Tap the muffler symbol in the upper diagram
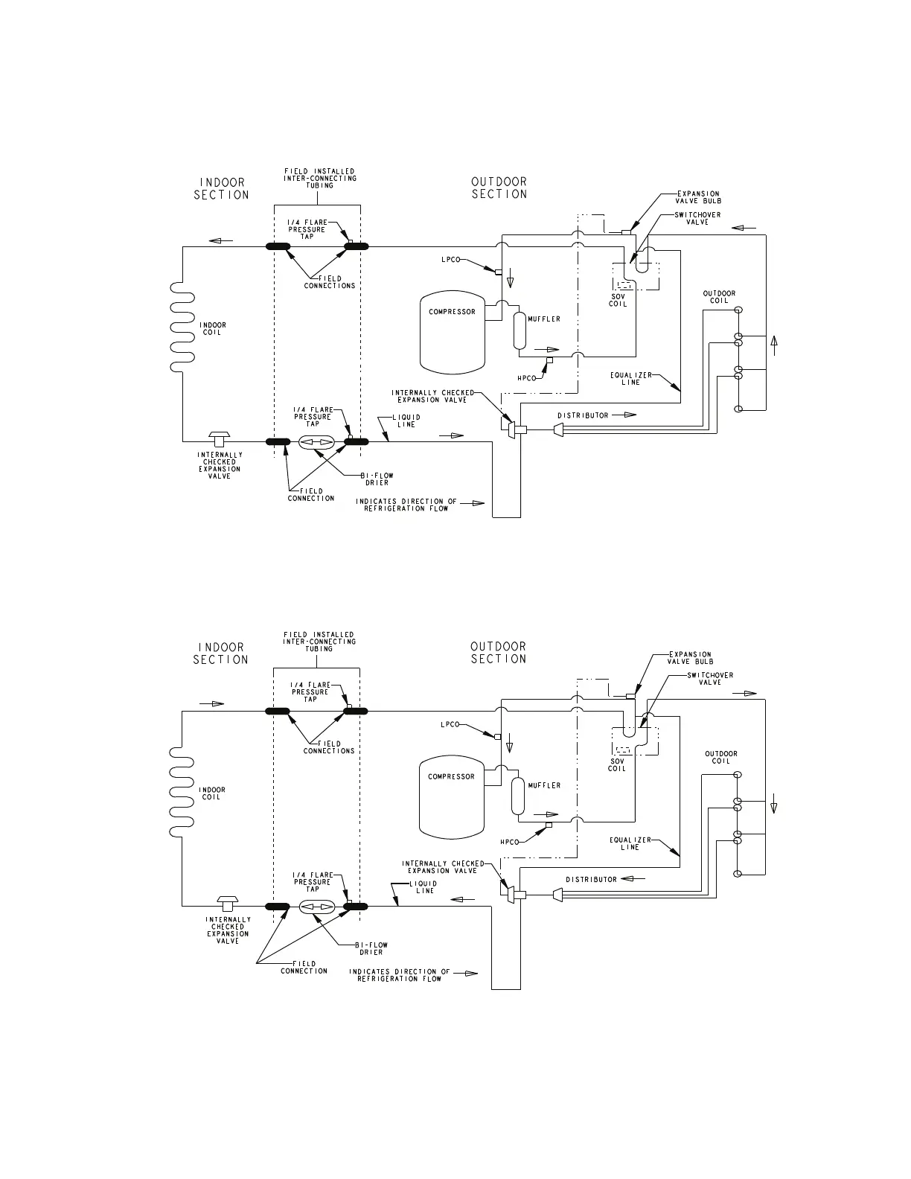click(519, 331)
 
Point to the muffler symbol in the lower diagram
click(518, 796)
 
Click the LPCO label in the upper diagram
click(450, 260)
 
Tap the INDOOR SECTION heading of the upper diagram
click(221, 188)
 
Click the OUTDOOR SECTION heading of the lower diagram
click(499, 653)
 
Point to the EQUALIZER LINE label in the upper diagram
click(626, 379)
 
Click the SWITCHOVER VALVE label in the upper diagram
click(697, 219)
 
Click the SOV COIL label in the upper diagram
click(618, 300)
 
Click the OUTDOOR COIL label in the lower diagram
click(720, 757)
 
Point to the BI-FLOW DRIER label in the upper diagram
click(377, 479)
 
